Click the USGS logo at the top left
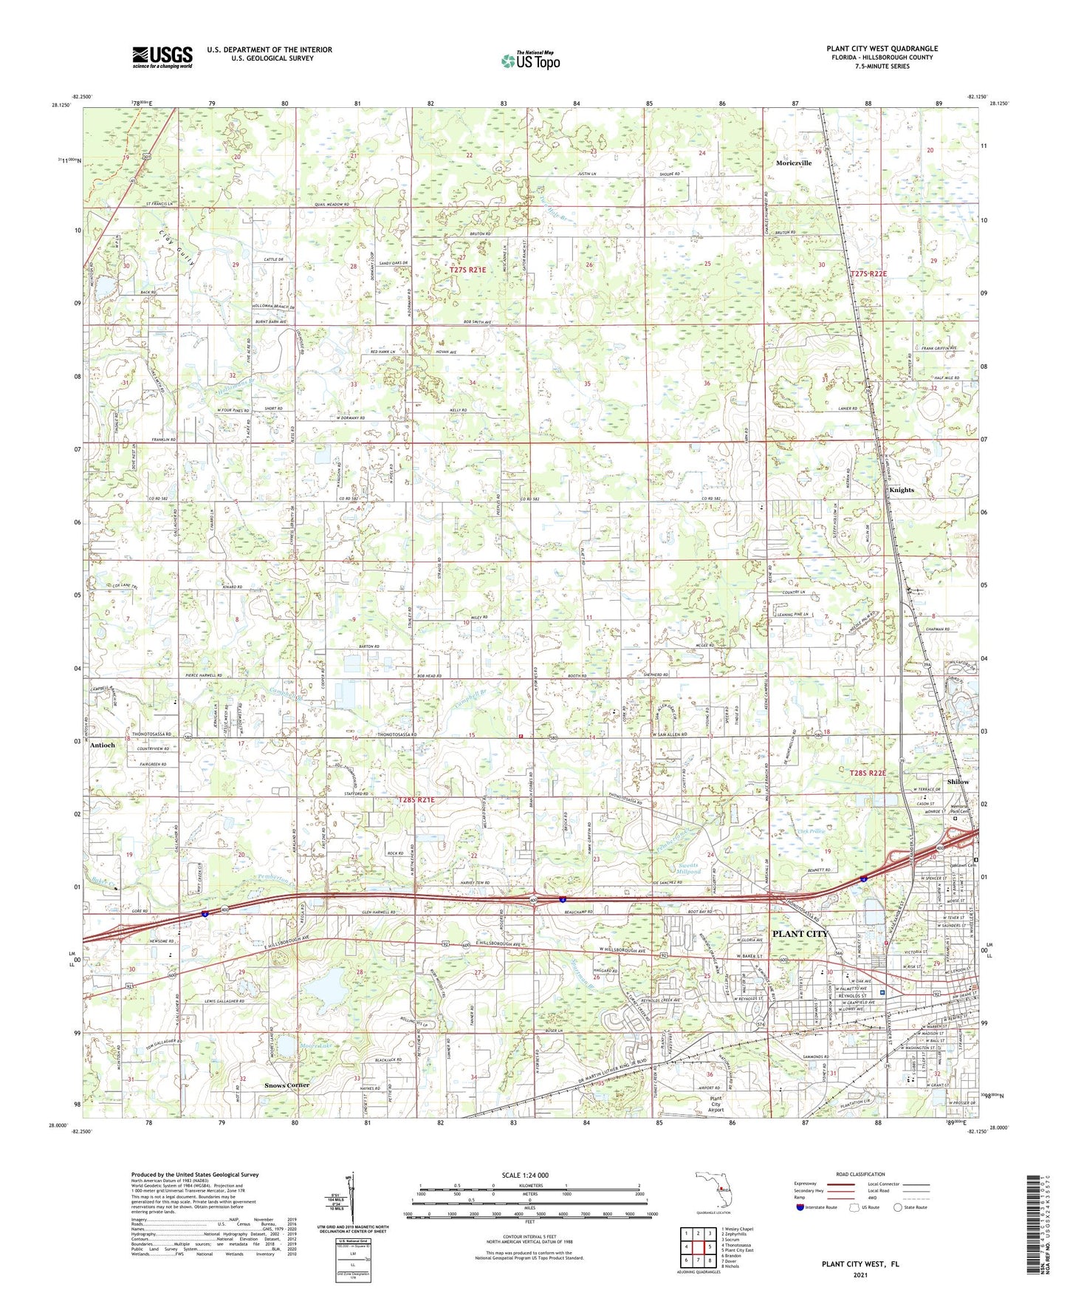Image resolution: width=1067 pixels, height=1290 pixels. click(x=162, y=57)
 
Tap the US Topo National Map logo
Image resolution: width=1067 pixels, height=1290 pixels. click(x=529, y=61)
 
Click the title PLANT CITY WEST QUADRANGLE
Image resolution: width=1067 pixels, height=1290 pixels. click(x=882, y=49)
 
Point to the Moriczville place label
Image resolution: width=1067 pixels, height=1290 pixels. click(x=794, y=163)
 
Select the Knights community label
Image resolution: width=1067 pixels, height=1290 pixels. click(x=901, y=490)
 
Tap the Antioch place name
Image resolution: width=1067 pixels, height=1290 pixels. click(x=103, y=745)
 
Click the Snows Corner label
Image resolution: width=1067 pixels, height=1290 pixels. click(x=287, y=1085)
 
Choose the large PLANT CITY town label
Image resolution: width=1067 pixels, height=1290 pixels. click(x=800, y=934)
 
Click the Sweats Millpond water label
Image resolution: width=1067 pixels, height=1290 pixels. click(x=688, y=868)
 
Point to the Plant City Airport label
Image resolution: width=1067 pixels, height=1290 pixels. click(x=716, y=1105)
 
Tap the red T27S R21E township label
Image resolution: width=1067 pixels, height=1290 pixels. click(x=467, y=270)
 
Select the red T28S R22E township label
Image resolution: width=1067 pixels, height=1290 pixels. click(x=867, y=773)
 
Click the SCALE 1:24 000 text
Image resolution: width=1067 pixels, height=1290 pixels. click(x=524, y=1175)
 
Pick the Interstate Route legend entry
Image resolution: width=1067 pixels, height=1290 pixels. click(x=821, y=1208)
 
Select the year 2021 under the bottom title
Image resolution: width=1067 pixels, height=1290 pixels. click(x=860, y=1275)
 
